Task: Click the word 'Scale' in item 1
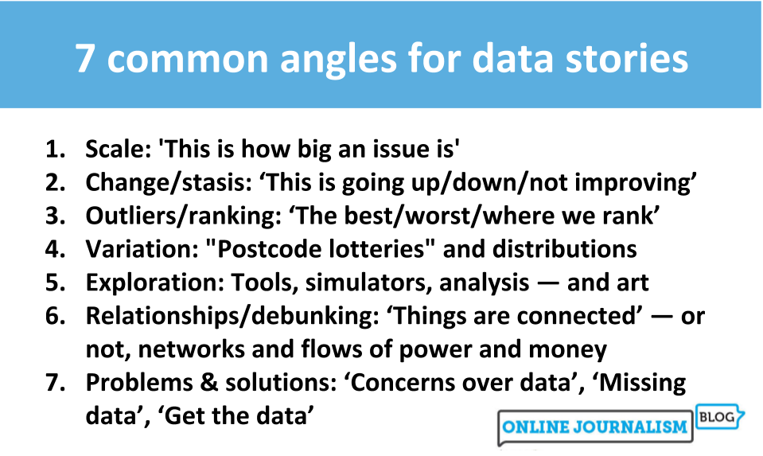[110, 149]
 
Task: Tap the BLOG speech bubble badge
[717, 415]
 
